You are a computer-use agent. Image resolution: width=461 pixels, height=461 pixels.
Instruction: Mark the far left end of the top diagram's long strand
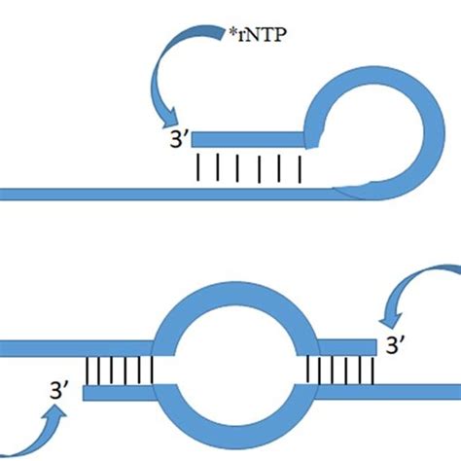pyautogui.click(x=5, y=191)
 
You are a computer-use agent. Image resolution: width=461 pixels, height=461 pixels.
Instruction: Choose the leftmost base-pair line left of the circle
pyautogui.click(x=89, y=371)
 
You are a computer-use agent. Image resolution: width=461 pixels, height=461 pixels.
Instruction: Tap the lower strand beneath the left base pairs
pyautogui.click(x=117, y=393)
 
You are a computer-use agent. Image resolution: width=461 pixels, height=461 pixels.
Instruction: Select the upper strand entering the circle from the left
pyautogui.click(x=78, y=347)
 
